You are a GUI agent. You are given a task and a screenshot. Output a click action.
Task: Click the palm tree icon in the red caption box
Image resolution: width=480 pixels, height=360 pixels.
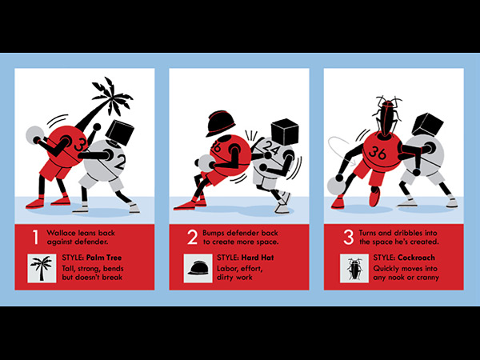[42, 268]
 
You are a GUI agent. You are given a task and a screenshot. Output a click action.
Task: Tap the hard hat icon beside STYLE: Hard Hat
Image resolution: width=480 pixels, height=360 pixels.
[198, 268]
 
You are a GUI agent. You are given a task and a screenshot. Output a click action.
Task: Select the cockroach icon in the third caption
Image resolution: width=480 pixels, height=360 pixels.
[354, 268]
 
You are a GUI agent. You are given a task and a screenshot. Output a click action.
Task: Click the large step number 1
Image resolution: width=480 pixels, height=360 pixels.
[36, 238]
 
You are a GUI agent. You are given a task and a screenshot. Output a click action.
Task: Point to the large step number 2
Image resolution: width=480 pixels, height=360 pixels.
[193, 238]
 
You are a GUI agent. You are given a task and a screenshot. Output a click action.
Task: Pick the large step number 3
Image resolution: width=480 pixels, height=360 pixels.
[348, 238]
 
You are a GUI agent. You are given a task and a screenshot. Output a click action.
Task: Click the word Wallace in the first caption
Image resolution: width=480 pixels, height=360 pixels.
[60, 233]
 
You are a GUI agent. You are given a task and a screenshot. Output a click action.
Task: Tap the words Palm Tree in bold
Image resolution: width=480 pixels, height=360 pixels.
[104, 258]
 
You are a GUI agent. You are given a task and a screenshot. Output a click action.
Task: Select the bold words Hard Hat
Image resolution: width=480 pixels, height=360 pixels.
[258, 258]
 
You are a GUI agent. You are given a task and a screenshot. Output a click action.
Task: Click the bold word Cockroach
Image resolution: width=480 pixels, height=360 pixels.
[416, 258]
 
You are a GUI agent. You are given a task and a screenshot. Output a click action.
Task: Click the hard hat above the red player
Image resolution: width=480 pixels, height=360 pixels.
[221, 123]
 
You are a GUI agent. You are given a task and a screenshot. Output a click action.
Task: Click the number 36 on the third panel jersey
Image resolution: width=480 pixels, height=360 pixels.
[378, 152]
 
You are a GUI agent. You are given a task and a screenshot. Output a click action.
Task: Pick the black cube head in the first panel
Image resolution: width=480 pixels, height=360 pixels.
[120, 132]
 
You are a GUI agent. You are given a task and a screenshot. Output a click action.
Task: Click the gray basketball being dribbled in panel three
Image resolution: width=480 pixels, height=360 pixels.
[337, 186]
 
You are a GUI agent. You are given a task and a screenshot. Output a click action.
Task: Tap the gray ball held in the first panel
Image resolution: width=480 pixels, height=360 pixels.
[34, 135]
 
